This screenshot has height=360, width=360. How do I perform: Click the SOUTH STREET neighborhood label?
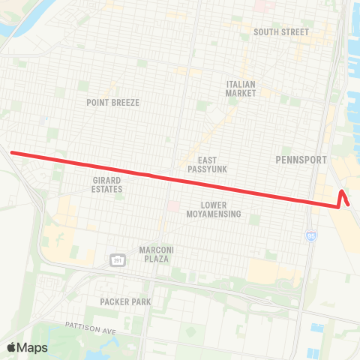click(281, 32)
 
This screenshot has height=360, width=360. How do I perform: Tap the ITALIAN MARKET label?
click(241, 88)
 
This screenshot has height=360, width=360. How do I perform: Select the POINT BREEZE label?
click(112, 102)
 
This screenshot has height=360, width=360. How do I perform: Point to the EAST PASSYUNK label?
click(208, 165)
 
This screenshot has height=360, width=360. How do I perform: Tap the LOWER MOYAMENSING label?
click(220, 208)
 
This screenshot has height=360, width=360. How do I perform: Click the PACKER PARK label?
click(125, 301)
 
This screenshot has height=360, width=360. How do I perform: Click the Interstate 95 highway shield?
click(310, 236)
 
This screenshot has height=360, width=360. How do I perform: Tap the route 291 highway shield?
click(118, 260)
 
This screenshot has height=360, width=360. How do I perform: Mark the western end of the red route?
click(11, 153)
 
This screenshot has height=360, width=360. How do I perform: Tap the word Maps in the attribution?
click(32, 347)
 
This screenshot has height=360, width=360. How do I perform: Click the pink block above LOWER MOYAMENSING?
click(173, 205)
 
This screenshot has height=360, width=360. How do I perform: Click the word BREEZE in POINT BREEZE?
click(126, 102)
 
